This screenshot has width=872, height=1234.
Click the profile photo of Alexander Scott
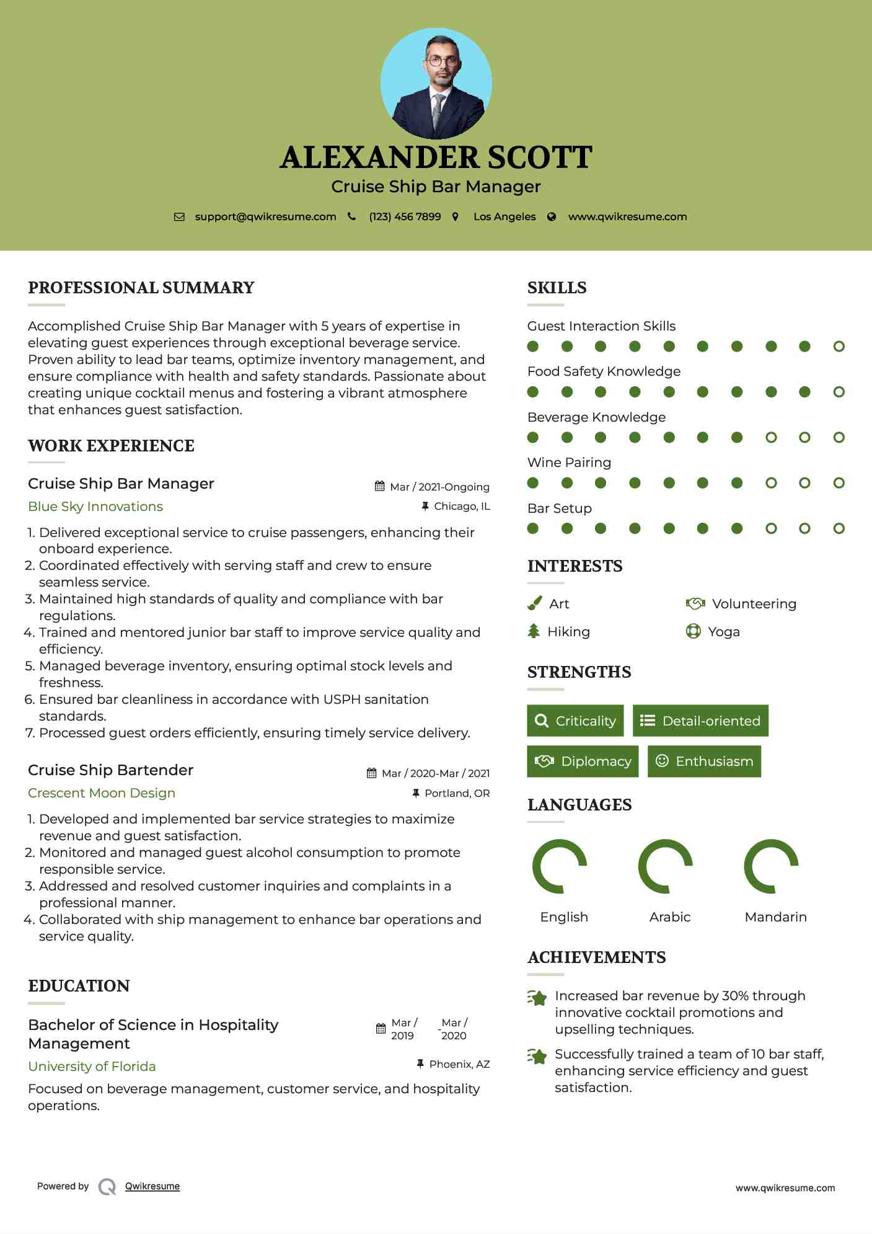pos(436,84)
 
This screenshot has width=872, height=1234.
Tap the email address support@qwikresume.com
pos(265,216)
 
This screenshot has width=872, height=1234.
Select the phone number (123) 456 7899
pos(405,216)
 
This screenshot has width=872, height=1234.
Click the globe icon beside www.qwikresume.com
pos(552,216)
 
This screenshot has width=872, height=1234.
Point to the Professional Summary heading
pos(141,288)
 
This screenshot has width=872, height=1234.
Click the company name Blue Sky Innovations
pos(95,507)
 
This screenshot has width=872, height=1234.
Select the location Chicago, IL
pos(462,506)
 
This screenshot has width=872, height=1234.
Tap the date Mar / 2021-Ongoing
pos(439,487)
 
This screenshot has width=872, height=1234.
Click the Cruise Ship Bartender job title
pos(111,770)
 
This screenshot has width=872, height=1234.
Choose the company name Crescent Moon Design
pos(102,793)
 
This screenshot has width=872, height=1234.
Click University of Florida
pos(92,1067)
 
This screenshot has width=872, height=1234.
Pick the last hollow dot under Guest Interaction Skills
pos(839,346)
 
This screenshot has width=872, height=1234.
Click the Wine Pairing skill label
pos(569,463)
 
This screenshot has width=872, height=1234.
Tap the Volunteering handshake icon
pos(695,603)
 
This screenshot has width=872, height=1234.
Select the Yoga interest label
pos(724,632)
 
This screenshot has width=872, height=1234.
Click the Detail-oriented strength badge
pos(700,721)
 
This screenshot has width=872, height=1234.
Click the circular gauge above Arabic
pos(665,866)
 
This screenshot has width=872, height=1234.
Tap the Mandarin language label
pos(775,917)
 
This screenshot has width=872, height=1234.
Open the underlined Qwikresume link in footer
pos(152,1186)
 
